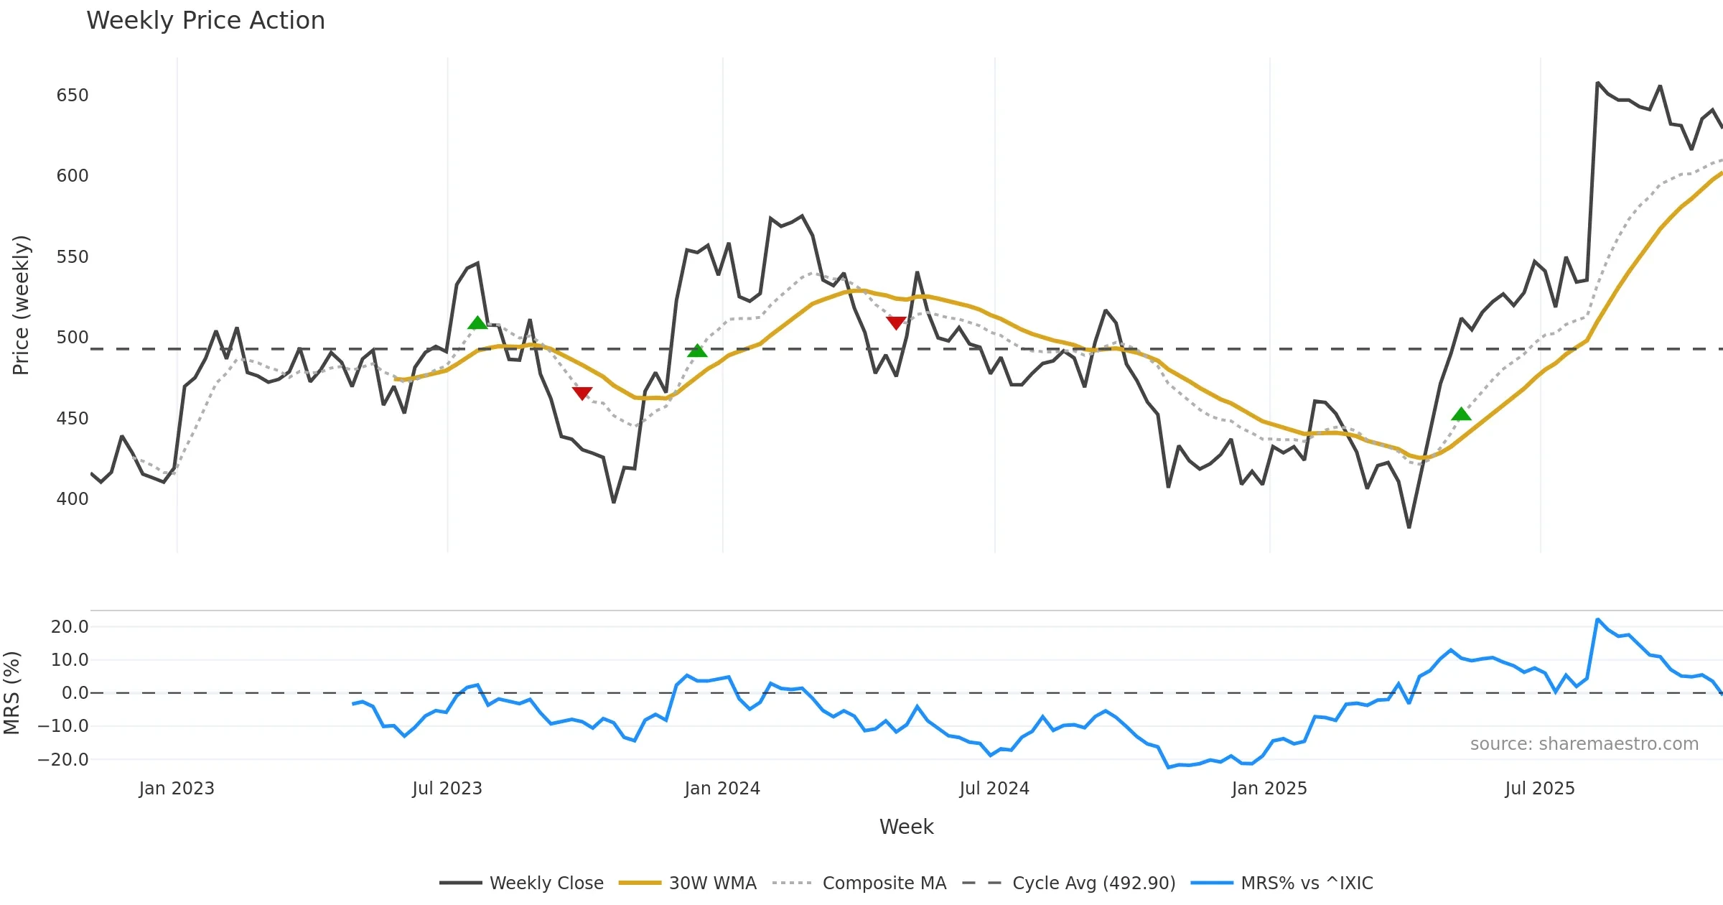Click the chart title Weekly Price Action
click(x=205, y=21)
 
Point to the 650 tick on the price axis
click(x=73, y=96)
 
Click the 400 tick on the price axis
click(x=73, y=499)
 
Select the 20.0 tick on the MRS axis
click(x=70, y=627)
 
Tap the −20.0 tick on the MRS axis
click(x=64, y=760)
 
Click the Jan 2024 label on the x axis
click(x=722, y=789)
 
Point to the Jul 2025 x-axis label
click(x=1540, y=789)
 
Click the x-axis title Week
click(x=906, y=827)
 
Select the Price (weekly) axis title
click(x=21, y=305)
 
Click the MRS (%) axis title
click(x=12, y=693)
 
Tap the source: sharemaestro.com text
click(x=1584, y=744)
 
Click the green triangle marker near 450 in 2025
click(x=1461, y=414)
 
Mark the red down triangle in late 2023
click(x=582, y=393)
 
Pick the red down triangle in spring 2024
click(x=896, y=323)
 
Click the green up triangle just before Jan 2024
click(x=697, y=351)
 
